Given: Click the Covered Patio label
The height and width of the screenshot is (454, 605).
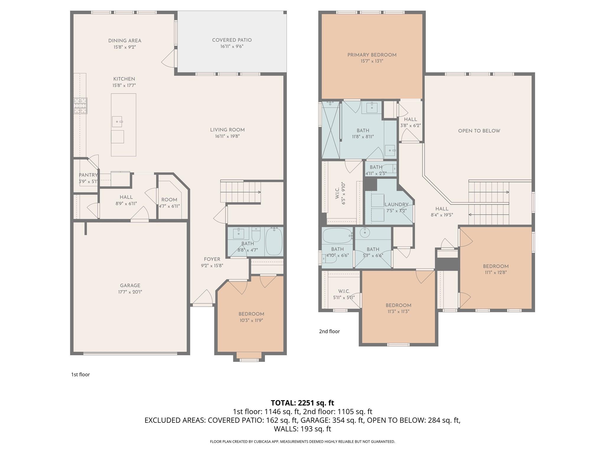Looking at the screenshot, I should [232, 40].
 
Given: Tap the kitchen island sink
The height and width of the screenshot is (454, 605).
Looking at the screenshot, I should [117, 121].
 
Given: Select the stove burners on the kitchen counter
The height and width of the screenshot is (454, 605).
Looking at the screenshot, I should [80, 106].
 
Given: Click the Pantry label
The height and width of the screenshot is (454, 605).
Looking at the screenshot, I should [88, 175].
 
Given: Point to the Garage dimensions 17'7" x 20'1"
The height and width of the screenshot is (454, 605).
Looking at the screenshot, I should [130, 292].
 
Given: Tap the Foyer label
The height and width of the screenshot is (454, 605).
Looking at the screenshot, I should [212, 259].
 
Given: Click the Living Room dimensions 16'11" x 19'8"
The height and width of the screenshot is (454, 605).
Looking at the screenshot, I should [227, 136].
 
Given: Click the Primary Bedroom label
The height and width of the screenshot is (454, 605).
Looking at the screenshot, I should [372, 55].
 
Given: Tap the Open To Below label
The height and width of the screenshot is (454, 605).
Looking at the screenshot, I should [479, 131].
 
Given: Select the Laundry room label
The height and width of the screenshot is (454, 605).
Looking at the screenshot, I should [396, 205].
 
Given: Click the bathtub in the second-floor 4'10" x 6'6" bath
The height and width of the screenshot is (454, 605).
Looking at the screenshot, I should [337, 236].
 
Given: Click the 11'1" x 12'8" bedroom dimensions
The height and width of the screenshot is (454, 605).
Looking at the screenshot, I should [496, 273].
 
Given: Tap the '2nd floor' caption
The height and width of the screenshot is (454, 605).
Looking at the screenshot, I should [329, 331].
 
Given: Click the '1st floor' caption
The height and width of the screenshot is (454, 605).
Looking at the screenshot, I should [80, 374].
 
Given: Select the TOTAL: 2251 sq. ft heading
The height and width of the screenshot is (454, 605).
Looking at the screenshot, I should [302, 403].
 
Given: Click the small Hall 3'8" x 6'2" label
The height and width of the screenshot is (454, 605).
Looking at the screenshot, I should [410, 119].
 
